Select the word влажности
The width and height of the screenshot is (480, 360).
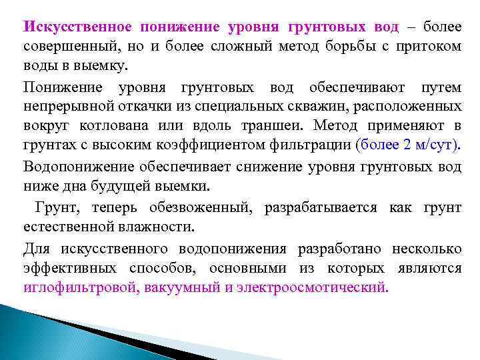(x=158, y=227)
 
